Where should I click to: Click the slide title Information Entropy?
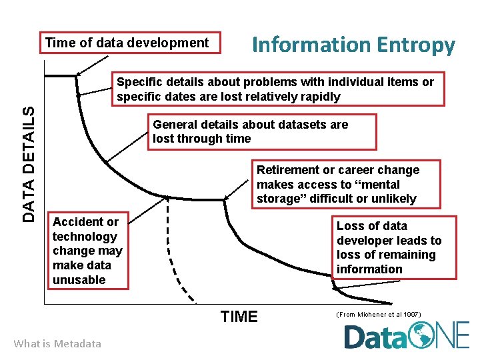[353, 45]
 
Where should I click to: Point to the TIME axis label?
[238, 317]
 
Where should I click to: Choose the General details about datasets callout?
[261, 131]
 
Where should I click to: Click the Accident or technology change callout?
[88, 251]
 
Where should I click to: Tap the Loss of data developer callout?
[396, 247]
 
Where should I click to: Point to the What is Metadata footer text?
[57, 343]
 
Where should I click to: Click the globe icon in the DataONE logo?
[423, 335]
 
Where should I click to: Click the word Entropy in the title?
[416, 45]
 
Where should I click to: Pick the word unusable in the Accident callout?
[79, 280]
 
